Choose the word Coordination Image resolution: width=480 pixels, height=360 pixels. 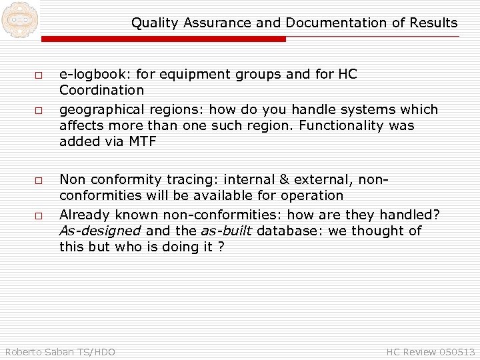(101, 90)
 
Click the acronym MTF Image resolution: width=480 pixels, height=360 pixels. (143, 141)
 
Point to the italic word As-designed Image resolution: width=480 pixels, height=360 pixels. (100, 231)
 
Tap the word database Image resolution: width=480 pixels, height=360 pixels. (283, 231)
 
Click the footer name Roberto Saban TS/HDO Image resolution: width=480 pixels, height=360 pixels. (60, 351)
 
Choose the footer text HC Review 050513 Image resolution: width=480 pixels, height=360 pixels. (431, 351)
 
